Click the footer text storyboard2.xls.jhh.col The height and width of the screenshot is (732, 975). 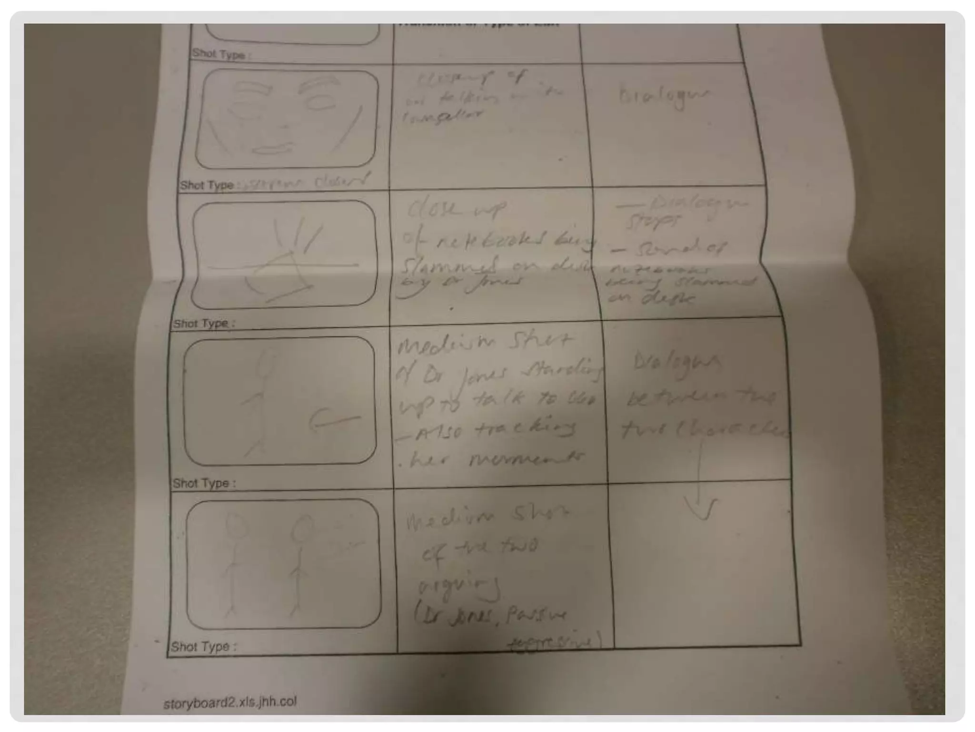(230, 702)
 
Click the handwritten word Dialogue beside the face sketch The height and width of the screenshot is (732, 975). (665, 97)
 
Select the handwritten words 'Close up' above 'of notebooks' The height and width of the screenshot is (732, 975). (456, 209)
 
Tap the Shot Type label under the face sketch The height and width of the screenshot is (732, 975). (207, 185)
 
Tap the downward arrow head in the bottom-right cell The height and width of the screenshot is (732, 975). (700, 510)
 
